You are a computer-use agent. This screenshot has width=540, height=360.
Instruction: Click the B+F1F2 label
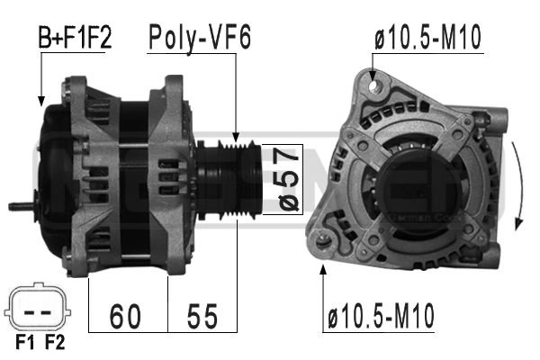coord(74,38)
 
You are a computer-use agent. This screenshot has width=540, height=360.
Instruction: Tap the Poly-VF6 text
coord(200,37)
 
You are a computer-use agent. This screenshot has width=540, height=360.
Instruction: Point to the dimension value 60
coord(127,316)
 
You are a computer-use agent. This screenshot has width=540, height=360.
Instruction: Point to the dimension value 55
coord(203,316)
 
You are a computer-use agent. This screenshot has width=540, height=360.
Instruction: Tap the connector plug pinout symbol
coord(40,309)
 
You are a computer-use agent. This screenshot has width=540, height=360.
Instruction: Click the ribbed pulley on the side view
coord(238,180)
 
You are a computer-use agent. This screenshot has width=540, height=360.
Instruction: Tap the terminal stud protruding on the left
coord(20,206)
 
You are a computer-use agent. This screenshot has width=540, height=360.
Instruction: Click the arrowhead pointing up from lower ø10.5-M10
coord(323,271)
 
